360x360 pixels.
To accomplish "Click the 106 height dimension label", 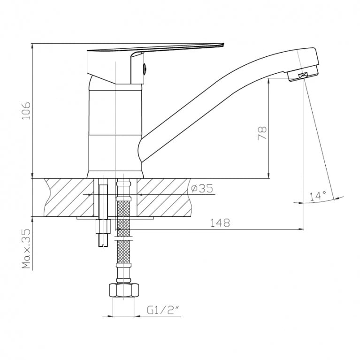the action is pyautogui.click(x=26, y=110).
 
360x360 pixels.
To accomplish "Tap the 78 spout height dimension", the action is pyautogui.click(x=262, y=133).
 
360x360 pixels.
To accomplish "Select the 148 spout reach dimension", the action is pyautogui.click(x=220, y=222).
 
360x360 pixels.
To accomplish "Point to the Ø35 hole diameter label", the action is pyautogui.click(x=202, y=188).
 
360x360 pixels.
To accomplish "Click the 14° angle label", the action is pyautogui.click(x=318, y=196).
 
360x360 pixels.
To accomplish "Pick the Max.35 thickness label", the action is pyautogui.click(x=26, y=248).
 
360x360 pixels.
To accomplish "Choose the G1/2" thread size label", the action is pyautogui.click(x=163, y=310).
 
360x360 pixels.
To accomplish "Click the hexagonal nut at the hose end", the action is pyautogui.click(x=124, y=291).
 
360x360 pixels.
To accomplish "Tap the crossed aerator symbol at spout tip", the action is pyautogui.click(x=303, y=75).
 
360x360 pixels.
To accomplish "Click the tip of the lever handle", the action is pyautogui.click(x=223, y=44).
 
